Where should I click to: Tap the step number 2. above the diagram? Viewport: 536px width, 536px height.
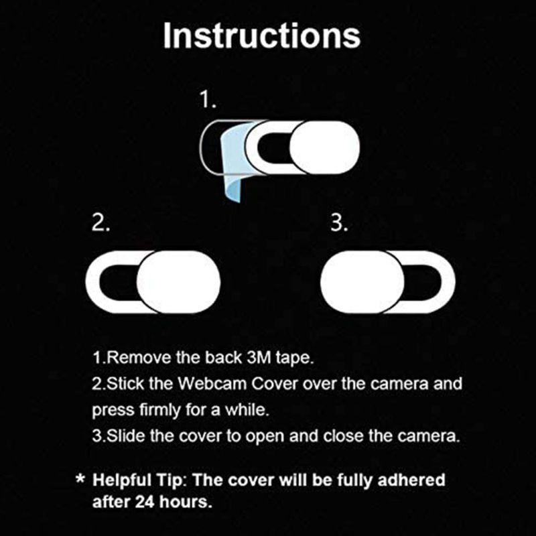[101, 224]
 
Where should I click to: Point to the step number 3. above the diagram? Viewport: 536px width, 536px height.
[339, 224]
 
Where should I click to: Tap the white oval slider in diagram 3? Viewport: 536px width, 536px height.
[362, 282]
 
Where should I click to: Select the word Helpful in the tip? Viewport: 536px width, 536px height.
[121, 480]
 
